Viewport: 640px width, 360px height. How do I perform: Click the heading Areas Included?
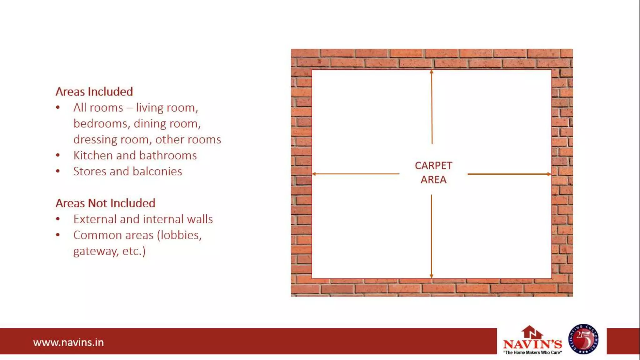point(94,92)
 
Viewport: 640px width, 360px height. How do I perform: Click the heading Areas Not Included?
point(105,203)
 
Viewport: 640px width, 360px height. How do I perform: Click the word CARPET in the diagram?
point(433,166)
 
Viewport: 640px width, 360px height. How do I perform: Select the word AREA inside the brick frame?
point(433,180)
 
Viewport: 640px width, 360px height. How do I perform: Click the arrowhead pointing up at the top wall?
point(432,72)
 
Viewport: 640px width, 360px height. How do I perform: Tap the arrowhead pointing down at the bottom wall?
point(432,276)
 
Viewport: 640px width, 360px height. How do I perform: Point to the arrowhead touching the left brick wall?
point(314,174)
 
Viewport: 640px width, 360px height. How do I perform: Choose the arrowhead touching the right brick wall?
point(549,174)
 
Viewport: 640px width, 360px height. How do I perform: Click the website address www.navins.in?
point(68,342)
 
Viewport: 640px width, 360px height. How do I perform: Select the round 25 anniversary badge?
point(583,339)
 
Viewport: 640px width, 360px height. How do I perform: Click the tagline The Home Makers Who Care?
point(532,352)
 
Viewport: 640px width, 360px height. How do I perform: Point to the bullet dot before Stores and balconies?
point(58,171)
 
